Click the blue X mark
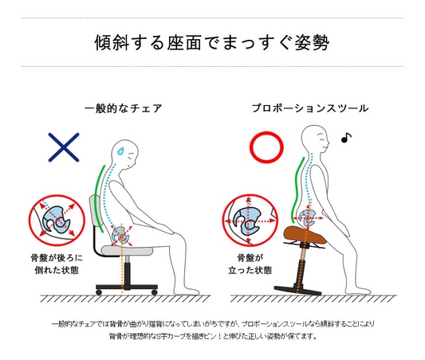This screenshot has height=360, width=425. coord(64,147)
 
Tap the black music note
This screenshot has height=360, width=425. coord(346,138)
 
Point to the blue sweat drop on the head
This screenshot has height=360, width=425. coord(120,151)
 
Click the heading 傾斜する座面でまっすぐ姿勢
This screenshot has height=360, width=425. coord(212,42)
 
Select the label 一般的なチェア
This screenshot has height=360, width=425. coord(124,108)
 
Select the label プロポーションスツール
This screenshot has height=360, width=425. coord(310,108)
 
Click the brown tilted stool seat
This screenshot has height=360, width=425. coord(305,235)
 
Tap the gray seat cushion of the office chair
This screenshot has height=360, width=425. coord(127,250)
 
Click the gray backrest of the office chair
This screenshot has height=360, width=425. coord(96,210)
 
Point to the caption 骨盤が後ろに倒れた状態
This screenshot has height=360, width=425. coord(57,264)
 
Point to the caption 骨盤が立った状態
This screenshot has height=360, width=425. coord(250,264)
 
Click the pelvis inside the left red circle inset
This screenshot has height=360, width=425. coord(57,220)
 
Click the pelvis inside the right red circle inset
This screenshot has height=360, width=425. coord(250,221)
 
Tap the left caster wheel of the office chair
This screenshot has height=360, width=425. coord(99,292)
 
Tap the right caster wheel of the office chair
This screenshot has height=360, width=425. coord(155,292)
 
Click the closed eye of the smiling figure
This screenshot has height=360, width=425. coord(322,140)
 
